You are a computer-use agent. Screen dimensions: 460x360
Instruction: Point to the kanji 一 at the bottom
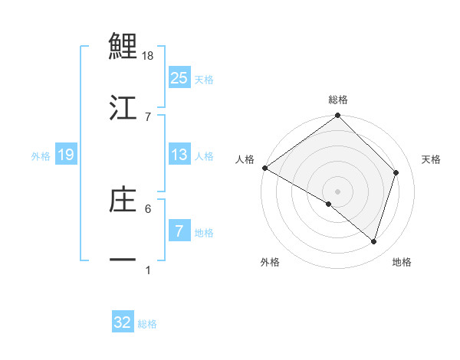[123, 260]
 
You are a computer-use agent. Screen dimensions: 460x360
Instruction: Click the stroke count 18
[149, 56]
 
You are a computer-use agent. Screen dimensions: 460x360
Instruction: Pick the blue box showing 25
[179, 78]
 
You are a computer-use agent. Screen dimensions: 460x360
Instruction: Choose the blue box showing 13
[179, 155]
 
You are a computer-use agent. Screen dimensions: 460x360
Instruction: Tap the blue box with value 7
[178, 231]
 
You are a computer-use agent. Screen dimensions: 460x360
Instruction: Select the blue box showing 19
[65, 155]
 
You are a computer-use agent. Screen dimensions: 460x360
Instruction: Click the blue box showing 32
[123, 322]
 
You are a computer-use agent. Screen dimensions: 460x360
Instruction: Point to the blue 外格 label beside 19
[41, 155]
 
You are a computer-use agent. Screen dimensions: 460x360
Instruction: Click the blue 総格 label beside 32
[147, 324]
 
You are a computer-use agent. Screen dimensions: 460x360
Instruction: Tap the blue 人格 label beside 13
[204, 155]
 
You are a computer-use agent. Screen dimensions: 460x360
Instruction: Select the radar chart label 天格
[432, 159]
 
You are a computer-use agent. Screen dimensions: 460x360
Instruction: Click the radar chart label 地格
[402, 262]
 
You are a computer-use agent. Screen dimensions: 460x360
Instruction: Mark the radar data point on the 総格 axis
[337, 116]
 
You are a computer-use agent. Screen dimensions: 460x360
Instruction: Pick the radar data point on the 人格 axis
[264, 168]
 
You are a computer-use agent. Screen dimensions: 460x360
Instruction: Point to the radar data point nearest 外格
[329, 204]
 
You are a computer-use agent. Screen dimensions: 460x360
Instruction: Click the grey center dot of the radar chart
[337, 191]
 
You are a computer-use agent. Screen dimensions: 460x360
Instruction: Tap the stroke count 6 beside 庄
[148, 208]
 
